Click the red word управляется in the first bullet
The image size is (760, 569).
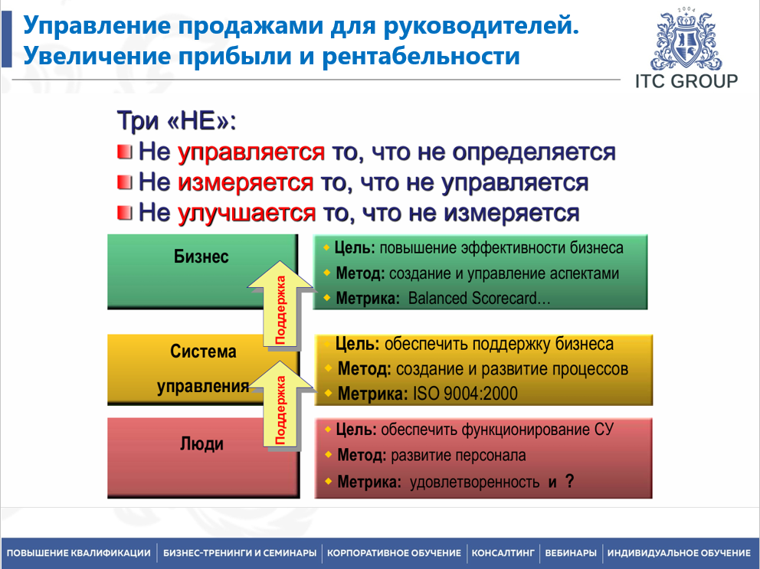pyautogui.click(x=251, y=152)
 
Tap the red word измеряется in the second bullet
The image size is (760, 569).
pyautogui.click(x=245, y=182)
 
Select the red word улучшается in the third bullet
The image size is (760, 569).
pyautogui.click(x=246, y=212)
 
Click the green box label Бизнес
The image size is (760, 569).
pyautogui.click(x=201, y=257)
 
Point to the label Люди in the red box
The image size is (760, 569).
pyautogui.click(x=201, y=444)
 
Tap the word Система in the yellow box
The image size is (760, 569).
pyautogui.click(x=203, y=352)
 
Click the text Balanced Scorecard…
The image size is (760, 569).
pyautogui.click(x=480, y=299)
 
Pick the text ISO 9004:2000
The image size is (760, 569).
pyautogui.click(x=465, y=394)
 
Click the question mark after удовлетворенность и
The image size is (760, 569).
pyautogui.click(x=569, y=481)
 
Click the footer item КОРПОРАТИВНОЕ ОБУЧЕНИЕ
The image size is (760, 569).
pyautogui.click(x=394, y=553)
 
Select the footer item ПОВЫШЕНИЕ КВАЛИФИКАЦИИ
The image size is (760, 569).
pyautogui.click(x=79, y=553)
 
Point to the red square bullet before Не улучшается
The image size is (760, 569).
pyautogui.click(x=125, y=212)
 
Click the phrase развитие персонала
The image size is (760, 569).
pyautogui.click(x=458, y=456)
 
